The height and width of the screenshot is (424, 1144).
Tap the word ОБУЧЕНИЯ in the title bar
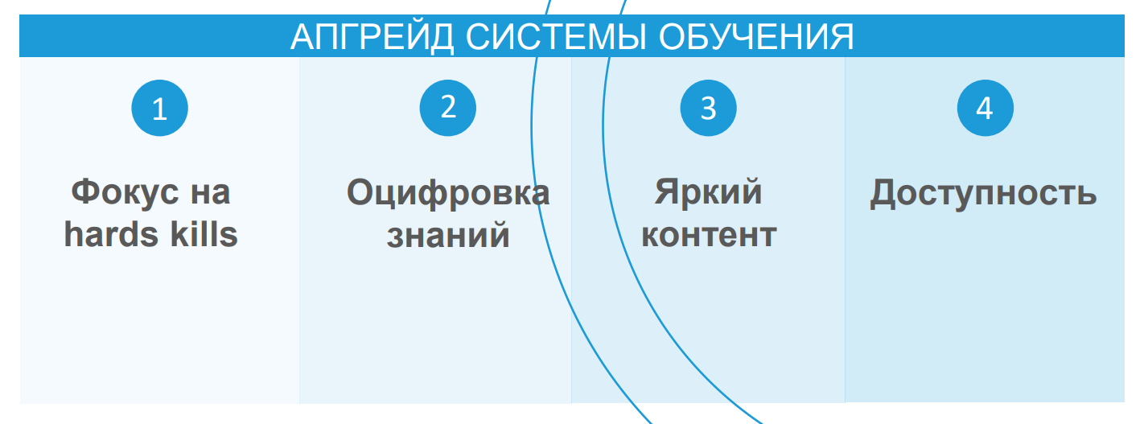coord(757,38)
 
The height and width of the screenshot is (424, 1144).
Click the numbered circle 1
coord(159,109)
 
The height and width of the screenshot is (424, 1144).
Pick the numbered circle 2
coord(448,107)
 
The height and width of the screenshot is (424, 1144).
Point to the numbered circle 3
coord(708,108)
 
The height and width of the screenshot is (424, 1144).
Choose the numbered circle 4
coord(985,108)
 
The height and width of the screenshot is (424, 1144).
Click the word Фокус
coord(121,192)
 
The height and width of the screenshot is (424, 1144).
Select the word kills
coord(204,235)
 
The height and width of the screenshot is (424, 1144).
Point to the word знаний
coord(448,236)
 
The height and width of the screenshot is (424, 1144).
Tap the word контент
coord(709,236)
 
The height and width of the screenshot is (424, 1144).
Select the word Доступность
coord(983,194)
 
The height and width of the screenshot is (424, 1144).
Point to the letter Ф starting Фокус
coord(84,192)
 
